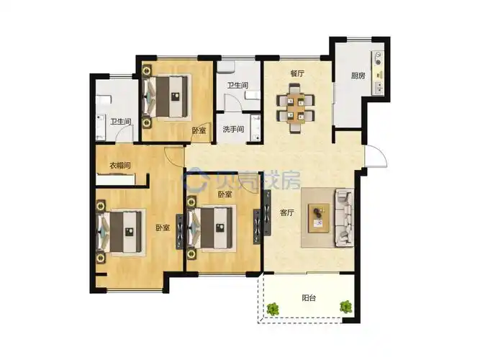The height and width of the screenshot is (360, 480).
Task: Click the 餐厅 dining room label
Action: click(x=297, y=73)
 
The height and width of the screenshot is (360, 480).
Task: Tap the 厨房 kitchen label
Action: click(x=358, y=76)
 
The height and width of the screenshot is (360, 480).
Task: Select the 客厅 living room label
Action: click(x=287, y=212)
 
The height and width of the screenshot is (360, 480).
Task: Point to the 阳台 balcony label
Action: click(x=309, y=298)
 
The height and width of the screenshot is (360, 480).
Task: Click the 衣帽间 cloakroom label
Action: click(x=120, y=166)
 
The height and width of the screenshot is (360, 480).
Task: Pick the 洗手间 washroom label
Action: click(x=233, y=130)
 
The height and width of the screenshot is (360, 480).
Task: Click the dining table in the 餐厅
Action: click(x=295, y=109)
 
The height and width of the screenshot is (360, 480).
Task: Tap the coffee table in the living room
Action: click(x=319, y=218)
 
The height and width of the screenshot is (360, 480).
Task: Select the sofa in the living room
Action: click(x=345, y=218)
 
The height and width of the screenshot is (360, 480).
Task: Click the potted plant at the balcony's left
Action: click(x=272, y=309)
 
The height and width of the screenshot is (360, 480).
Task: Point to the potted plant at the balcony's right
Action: click(x=346, y=307)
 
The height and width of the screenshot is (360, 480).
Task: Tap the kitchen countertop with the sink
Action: click(x=378, y=73)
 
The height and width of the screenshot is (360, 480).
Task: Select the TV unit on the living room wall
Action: click(x=267, y=213)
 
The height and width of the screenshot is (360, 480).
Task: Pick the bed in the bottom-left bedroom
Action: click(x=121, y=232)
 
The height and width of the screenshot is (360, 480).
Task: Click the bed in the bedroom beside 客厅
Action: click(x=212, y=228)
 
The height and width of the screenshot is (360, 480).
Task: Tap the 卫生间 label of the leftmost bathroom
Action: click(x=121, y=122)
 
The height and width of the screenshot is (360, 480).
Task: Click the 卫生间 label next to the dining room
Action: click(x=237, y=85)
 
